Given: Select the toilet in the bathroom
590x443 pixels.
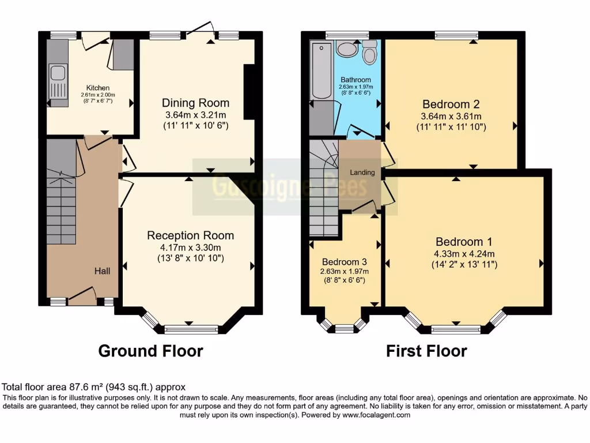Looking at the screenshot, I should (x=369, y=54).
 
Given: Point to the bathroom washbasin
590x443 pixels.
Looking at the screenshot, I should (x=347, y=50).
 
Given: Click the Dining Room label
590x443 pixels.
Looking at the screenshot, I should (x=195, y=103).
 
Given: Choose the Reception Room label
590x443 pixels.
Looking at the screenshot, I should (x=190, y=235).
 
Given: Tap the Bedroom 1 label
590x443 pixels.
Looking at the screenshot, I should (x=463, y=242).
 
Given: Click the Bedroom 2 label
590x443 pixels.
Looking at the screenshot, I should (x=451, y=104).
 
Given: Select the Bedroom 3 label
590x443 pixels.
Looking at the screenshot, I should (x=345, y=261).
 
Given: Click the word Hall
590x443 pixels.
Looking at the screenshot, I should (x=103, y=271).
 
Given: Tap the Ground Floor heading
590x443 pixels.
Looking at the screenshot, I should (x=150, y=351).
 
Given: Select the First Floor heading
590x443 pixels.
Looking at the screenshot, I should (x=426, y=351).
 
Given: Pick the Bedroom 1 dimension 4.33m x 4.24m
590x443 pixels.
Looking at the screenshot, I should (x=463, y=253).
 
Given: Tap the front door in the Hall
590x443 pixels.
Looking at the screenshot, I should (x=81, y=295).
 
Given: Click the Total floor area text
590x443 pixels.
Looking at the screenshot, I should (x=94, y=387).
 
